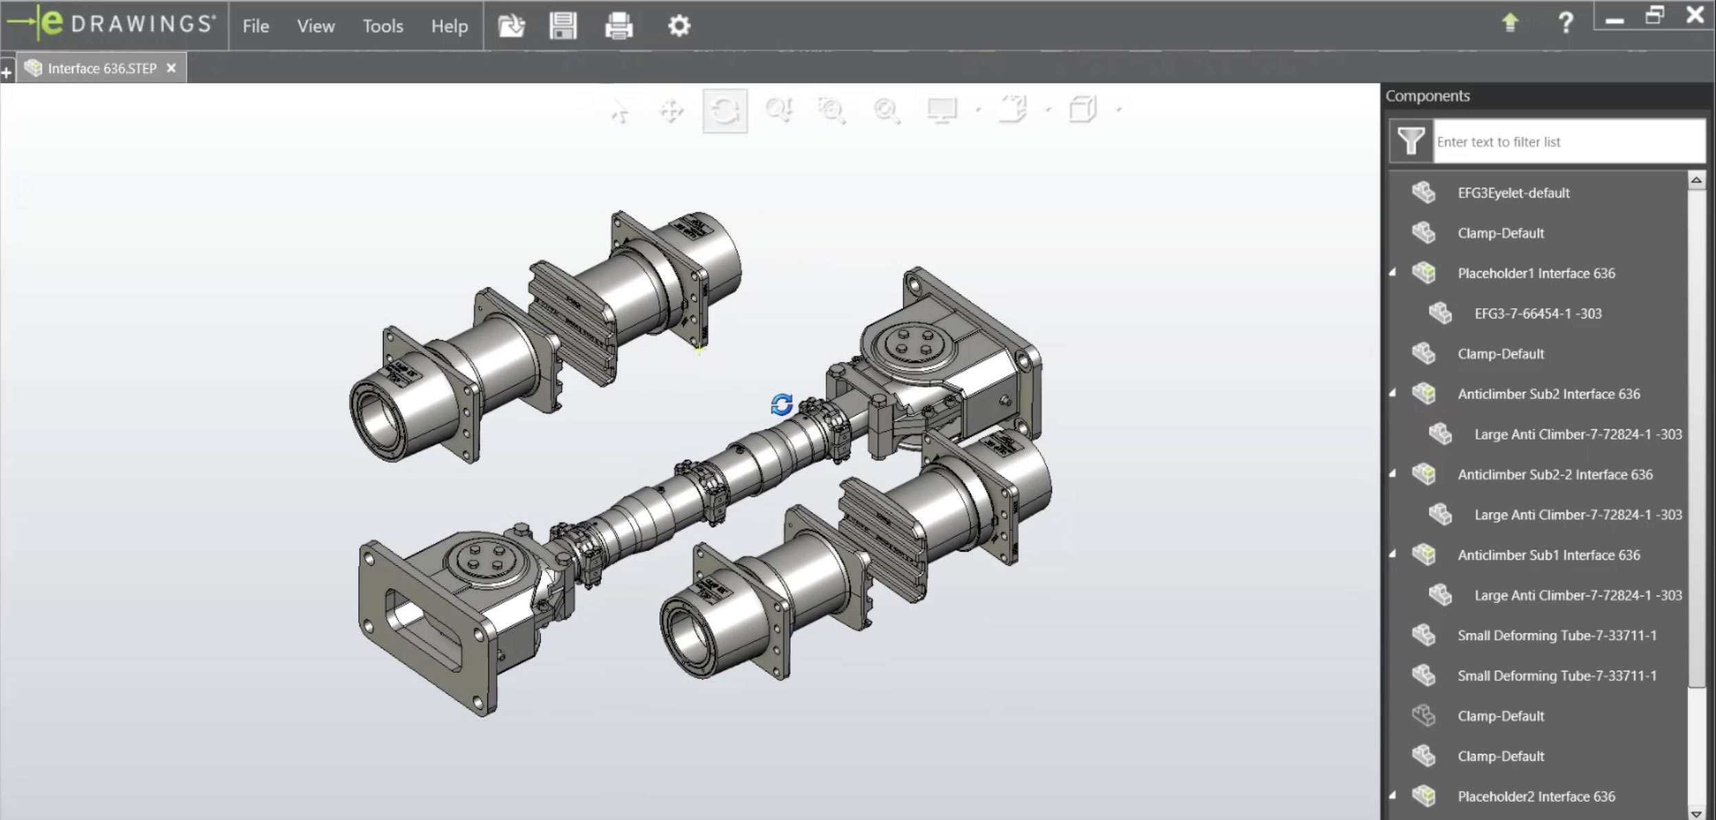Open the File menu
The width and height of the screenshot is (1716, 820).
(x=255, y=26)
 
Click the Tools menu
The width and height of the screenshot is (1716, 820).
(x=382, y=26)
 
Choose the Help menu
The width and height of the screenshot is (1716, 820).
(x=449, y=26)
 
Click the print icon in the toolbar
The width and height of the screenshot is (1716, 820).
(x=618, y=26)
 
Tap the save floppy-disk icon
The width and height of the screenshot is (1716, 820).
(x=562, y=26)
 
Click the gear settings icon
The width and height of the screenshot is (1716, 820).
(x=679, y=26)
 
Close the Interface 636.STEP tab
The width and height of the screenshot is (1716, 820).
(x=171, y=68)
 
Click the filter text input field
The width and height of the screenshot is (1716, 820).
(x=1567, y=142)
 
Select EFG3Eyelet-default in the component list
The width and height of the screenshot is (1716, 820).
(x=1513, y=193)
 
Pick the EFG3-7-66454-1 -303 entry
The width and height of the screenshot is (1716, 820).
(x=1537, y=314)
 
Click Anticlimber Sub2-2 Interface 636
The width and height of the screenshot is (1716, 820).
(x=1554, y=475)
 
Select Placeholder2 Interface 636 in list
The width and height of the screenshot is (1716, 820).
(x=1536, y=797)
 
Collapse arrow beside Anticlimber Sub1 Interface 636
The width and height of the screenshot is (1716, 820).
(x=1393, y=554)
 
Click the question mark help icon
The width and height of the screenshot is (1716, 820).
(x=1565, y=23)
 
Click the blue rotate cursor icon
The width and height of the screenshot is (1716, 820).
(x=782, y=404)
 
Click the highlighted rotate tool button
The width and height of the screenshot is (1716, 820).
(x=725, y=110)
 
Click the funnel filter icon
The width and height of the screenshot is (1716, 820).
(x=1411, y=142)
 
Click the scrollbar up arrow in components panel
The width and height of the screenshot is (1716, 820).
(x=1696, y=180)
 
